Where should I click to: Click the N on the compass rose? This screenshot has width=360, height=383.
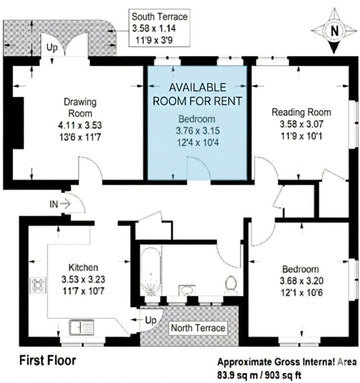(335, 31)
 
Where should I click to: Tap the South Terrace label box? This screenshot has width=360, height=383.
(159, 28)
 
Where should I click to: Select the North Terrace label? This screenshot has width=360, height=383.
(198, 328)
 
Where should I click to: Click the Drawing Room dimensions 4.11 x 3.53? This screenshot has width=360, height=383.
(80, 125)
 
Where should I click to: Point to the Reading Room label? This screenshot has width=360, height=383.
(302, 113)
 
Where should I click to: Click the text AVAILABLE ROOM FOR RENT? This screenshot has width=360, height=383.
(197, 94)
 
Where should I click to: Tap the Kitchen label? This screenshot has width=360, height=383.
(83, 268)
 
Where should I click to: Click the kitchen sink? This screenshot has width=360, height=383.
(82, 327)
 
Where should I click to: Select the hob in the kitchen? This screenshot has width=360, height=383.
(38, 285)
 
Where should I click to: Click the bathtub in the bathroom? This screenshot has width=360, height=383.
(151, 271)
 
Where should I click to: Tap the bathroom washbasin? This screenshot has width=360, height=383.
(187, 290)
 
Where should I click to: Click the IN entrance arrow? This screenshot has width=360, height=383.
(65, 203)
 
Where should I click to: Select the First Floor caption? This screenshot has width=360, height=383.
(47, 360)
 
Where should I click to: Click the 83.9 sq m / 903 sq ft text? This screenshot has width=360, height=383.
(259, 375)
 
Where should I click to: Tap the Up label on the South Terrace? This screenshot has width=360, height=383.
(52, 48)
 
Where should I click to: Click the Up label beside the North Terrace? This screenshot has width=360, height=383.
(151, 320)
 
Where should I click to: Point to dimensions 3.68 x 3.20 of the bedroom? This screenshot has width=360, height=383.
(302, 281)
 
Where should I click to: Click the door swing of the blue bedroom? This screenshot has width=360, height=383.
(199, 169)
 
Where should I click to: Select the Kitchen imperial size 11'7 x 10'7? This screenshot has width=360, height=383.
(83, 291)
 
